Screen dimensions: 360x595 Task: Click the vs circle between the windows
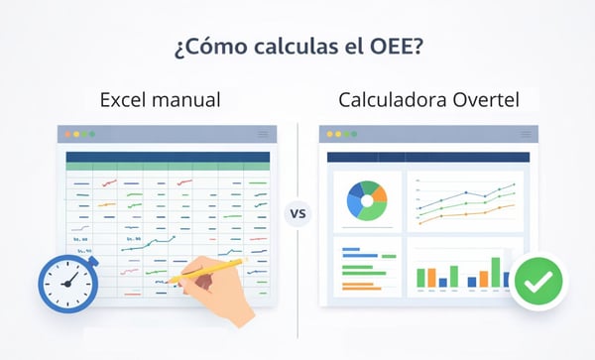[297, 212]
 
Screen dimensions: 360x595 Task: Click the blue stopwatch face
[67, 282]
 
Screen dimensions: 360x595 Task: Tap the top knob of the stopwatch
[67, 249]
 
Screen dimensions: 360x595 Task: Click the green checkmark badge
[537, 283]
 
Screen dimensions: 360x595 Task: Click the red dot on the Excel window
[62, 133]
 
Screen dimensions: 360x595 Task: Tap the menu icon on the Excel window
[263, 133]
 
